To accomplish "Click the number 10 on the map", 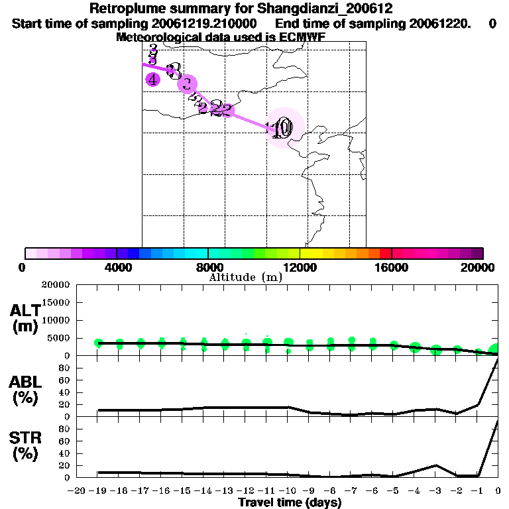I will (281, 129).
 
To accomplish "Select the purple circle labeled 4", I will (153, 80).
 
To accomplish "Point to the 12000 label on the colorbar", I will (300, 267).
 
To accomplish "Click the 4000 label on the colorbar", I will (117, 267).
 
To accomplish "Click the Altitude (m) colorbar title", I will (245, 277).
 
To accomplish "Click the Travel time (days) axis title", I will (290, 502).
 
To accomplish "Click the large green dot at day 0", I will (495, 350).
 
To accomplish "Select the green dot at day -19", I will (99, 343).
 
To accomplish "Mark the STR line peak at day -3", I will (435, 465).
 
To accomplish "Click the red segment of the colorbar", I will (385, 253).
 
